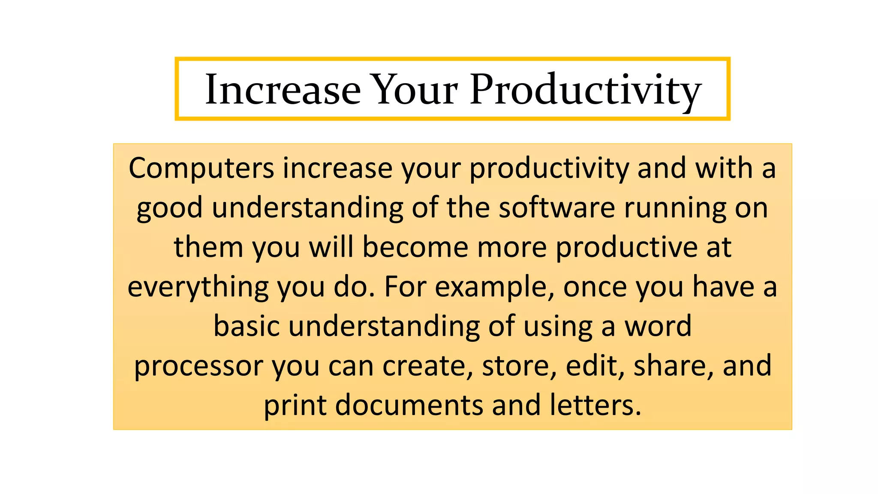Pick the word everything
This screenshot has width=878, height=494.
click(x=198, y=287)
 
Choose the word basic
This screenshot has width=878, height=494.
click(x=246, y=326)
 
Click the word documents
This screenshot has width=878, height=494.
click(x=409, y=405)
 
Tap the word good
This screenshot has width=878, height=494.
click(x=169, y=208)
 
